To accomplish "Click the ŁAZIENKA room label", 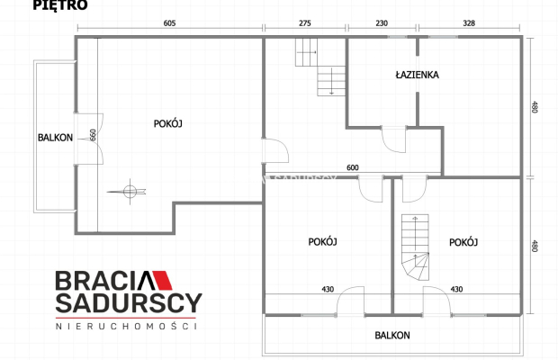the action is pyautogui.click(x=417, y=75).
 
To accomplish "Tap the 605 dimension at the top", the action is pyautogui.click(x=169, y=23).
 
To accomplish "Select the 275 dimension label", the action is pyautogui.click(x=305, y=23).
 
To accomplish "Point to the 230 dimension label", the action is pyautogui.click(x=382, y=23).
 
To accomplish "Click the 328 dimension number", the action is pyautogui.click(x=469, y=23).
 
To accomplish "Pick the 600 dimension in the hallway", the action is pyautogui.click(x=353, y=167).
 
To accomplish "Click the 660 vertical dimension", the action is pyautogui.click(x=93, y=134).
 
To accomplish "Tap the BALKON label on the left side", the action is pyautogui.click(x=55, y=138).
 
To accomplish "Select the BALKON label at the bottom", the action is pyautogui.click(x=392, y=336).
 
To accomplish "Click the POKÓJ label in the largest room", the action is pyautogui.click(x=168, y=123).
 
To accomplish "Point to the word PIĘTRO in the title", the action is pyautogui.click(x=60, y=5).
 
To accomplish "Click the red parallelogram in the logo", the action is pyautogui.click(x=162, y=280).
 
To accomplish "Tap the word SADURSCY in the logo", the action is pyautogui.click(x=129, y=303).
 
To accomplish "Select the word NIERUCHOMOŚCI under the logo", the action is pyautogui.click(x=126, y=326).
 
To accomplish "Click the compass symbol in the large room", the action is pyautogui.click(x=130, y=192).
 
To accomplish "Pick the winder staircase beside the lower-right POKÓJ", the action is pyautogui.click(x=415, y=247).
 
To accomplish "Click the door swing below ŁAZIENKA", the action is pyautogui.click(x=394, y=139).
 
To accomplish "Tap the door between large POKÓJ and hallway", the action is pyautogui.click(x=275, y=150).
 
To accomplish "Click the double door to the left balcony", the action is pyautogui.click(x=89, y=139).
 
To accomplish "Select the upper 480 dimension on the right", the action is pyautogui.click(x=534, y=107).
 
